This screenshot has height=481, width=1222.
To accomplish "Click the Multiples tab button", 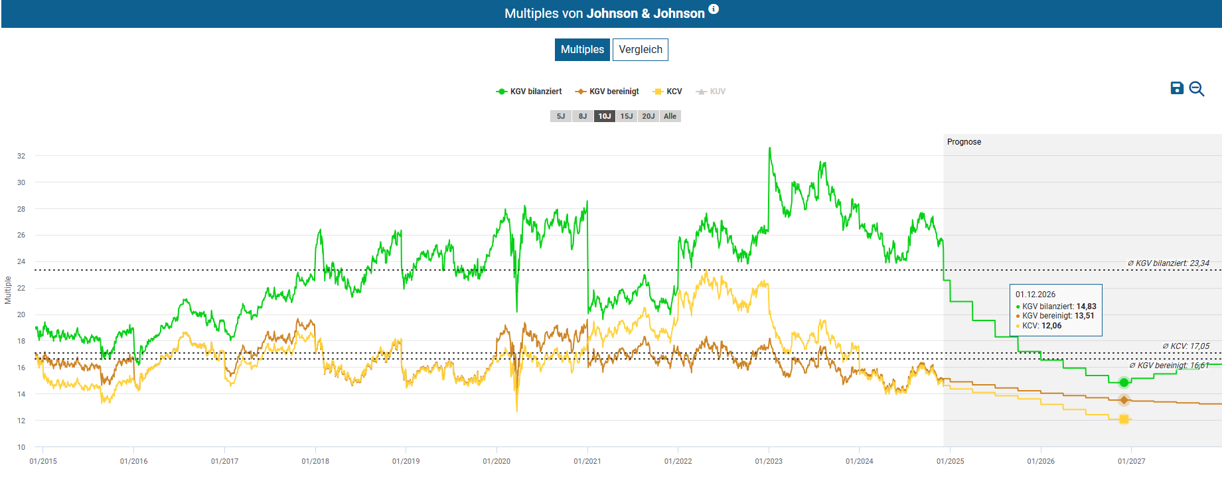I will [x=582, y=50].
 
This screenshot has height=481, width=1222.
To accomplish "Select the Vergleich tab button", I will [x=640, y=50].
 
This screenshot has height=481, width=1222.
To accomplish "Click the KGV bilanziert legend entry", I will [x=529, y=92].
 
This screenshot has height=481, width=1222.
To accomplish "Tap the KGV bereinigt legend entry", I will [x=607, y=92].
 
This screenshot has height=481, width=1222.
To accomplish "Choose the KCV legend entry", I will [x=668, y=92].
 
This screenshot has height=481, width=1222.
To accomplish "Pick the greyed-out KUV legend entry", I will [x=711, y=92].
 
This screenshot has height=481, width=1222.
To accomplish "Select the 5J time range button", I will [x=561, y=116].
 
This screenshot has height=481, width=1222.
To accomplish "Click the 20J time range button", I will [x=649, y=116].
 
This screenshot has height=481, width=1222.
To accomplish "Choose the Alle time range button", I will [x=670, y=116].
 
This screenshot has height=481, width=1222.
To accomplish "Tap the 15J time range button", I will [x=627, y=116].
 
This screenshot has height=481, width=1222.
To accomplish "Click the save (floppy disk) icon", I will [x=1177, y=88].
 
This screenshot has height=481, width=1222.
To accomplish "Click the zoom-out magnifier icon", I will [x=1197, y=89].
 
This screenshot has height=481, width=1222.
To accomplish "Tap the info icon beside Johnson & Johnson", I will [x=714, y=9].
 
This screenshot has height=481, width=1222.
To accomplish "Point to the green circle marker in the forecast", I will [x=1124, y=382].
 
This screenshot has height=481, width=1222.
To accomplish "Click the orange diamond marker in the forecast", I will [x=1124, y=400].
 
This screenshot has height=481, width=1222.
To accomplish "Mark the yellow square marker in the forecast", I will [x=1124, y=419].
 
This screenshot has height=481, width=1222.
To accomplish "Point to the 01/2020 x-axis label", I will [x=496, y=461].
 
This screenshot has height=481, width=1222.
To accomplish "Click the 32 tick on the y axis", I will [x=21, y=156].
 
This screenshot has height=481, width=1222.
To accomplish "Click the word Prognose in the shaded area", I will [x=964, y=142].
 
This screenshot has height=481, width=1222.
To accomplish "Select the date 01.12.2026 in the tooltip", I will [x=1035, y=295].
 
